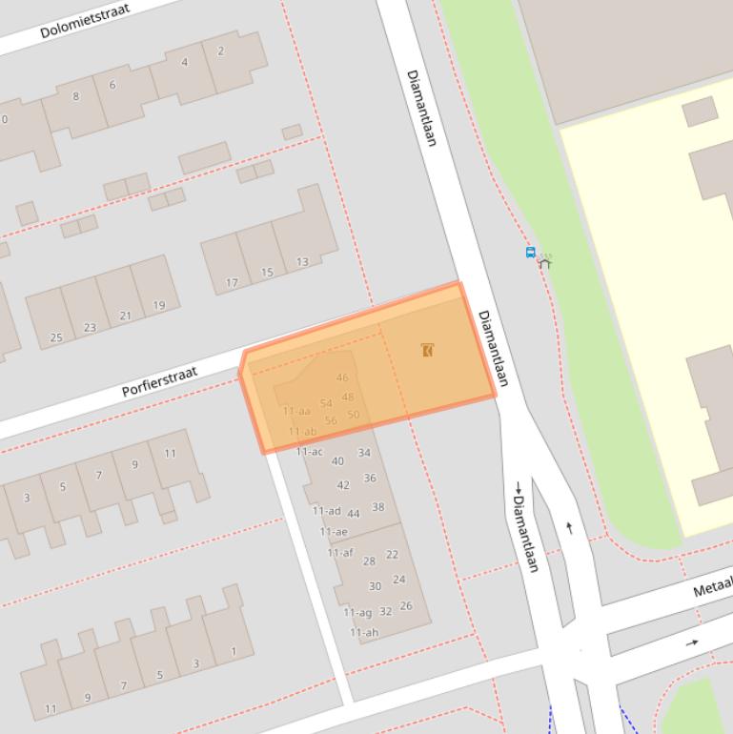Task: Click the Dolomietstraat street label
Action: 84,19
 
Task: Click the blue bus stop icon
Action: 531,253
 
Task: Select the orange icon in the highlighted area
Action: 428,350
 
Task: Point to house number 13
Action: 302,261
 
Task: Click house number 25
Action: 55,337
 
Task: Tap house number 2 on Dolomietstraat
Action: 220,51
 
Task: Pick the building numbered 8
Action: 76,95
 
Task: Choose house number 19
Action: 159,305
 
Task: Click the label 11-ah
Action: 363,632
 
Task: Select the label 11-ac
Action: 309,451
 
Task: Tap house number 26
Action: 406,605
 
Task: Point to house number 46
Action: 342,377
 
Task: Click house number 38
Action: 378,507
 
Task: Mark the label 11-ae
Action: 334,531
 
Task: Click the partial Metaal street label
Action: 712,586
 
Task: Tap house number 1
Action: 234,652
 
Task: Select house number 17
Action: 232,282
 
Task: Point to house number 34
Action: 364,453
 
